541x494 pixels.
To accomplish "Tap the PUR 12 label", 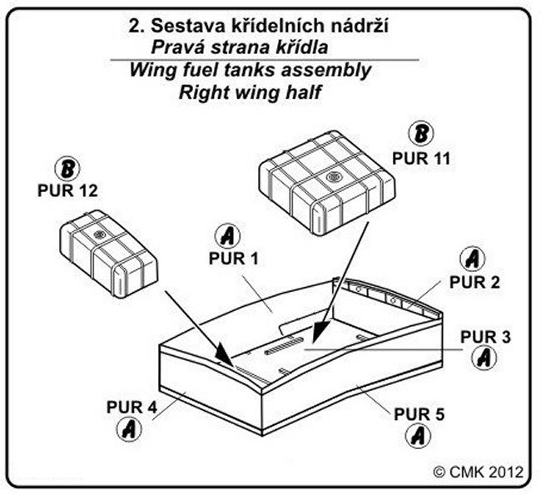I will click(x=68, y=190).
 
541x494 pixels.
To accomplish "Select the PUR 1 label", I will click(x=234, y=259).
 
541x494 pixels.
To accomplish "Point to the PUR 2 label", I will click(x=475, y=281).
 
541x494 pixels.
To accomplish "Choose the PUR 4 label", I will click(x=132, y=407).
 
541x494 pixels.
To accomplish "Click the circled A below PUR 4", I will click(x=127, y=430).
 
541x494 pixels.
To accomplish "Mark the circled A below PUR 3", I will click(x=483, y=358).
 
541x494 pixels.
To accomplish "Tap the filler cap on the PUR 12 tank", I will click(x=99, y=235).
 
